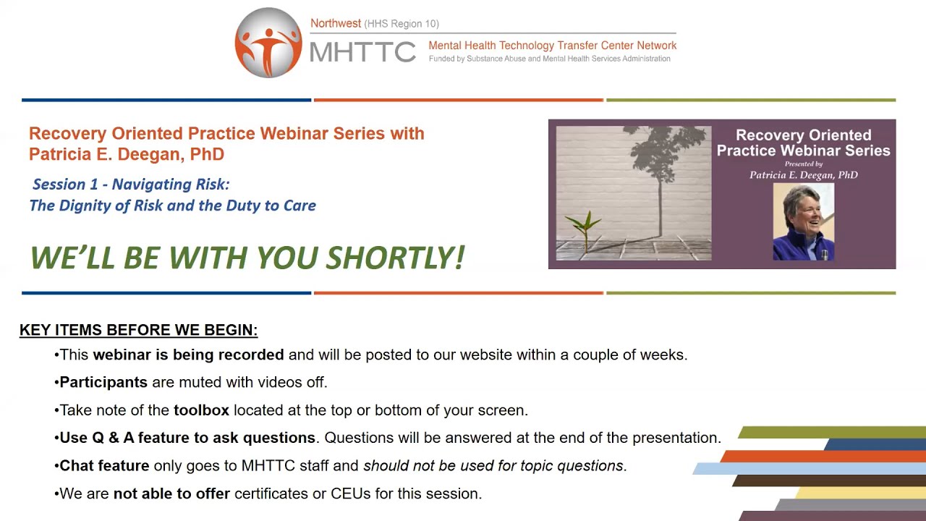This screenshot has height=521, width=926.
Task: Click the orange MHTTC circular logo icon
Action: pyautogui.click(x=268, y=43)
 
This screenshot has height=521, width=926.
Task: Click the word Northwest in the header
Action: pyautogui.click(x=335, y=23)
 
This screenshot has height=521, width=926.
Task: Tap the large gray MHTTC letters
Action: pyautogui.click(x=362, y=52)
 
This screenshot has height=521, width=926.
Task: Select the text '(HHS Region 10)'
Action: pyautogui.click(x=402, y=24)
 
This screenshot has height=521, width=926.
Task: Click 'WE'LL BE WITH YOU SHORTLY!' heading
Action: pyautogui.click(x=247, y=258)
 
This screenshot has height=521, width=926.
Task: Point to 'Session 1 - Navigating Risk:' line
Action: pyautogui.click(x=131, y=185)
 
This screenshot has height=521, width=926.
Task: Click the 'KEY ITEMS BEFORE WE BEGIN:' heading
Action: pyautogui.click(x=138, y=330)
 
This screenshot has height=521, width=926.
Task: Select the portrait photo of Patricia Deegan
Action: pyautogui.click(x=803, y=221)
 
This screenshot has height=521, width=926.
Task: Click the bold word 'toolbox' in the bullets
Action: pyautogui.click(x=201, y=410)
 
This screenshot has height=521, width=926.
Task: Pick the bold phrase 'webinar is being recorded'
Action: pyautogui.click(x=188, y=355)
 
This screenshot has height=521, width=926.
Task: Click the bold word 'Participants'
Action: pyautogui.click(x=103, y=382)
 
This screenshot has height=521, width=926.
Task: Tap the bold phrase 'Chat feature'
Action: pyautogui.click(x=104, y=466)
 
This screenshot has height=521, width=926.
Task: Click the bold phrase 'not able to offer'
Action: pyautogui.click(x=171, y=494)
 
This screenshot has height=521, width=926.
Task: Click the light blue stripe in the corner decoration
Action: pyautogui.click(x=760, y=468)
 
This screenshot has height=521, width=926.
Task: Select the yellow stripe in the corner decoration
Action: pyautogui.click(x=861, y=493)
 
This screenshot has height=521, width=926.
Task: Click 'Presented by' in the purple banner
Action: pyautogui.click(x=803, y=164)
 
